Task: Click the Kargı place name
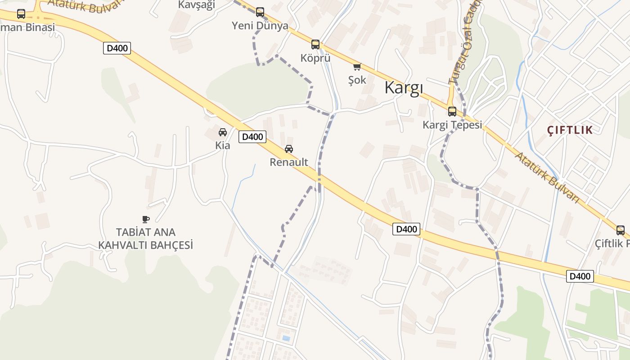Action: (404, 88)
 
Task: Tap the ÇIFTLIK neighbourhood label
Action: (570, 130)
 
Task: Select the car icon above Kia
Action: (223, 132)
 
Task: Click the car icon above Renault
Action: (289, 149)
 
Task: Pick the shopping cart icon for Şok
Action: (357, 67)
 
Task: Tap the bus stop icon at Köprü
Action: (315, 45)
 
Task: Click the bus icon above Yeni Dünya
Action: (260, 12)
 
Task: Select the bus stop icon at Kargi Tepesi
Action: (452, 112)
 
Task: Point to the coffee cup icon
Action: (145, 219)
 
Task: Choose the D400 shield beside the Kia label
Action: (252, 137)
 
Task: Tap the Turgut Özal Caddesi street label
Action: (463, 43)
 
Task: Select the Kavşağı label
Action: (197, 5)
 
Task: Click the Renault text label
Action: (289, 162)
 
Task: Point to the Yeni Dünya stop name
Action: (260, 26)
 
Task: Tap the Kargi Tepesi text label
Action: (452, 125)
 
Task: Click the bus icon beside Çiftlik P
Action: (621, 230)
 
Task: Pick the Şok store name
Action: (357, 80)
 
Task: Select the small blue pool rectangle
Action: (286, 337)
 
